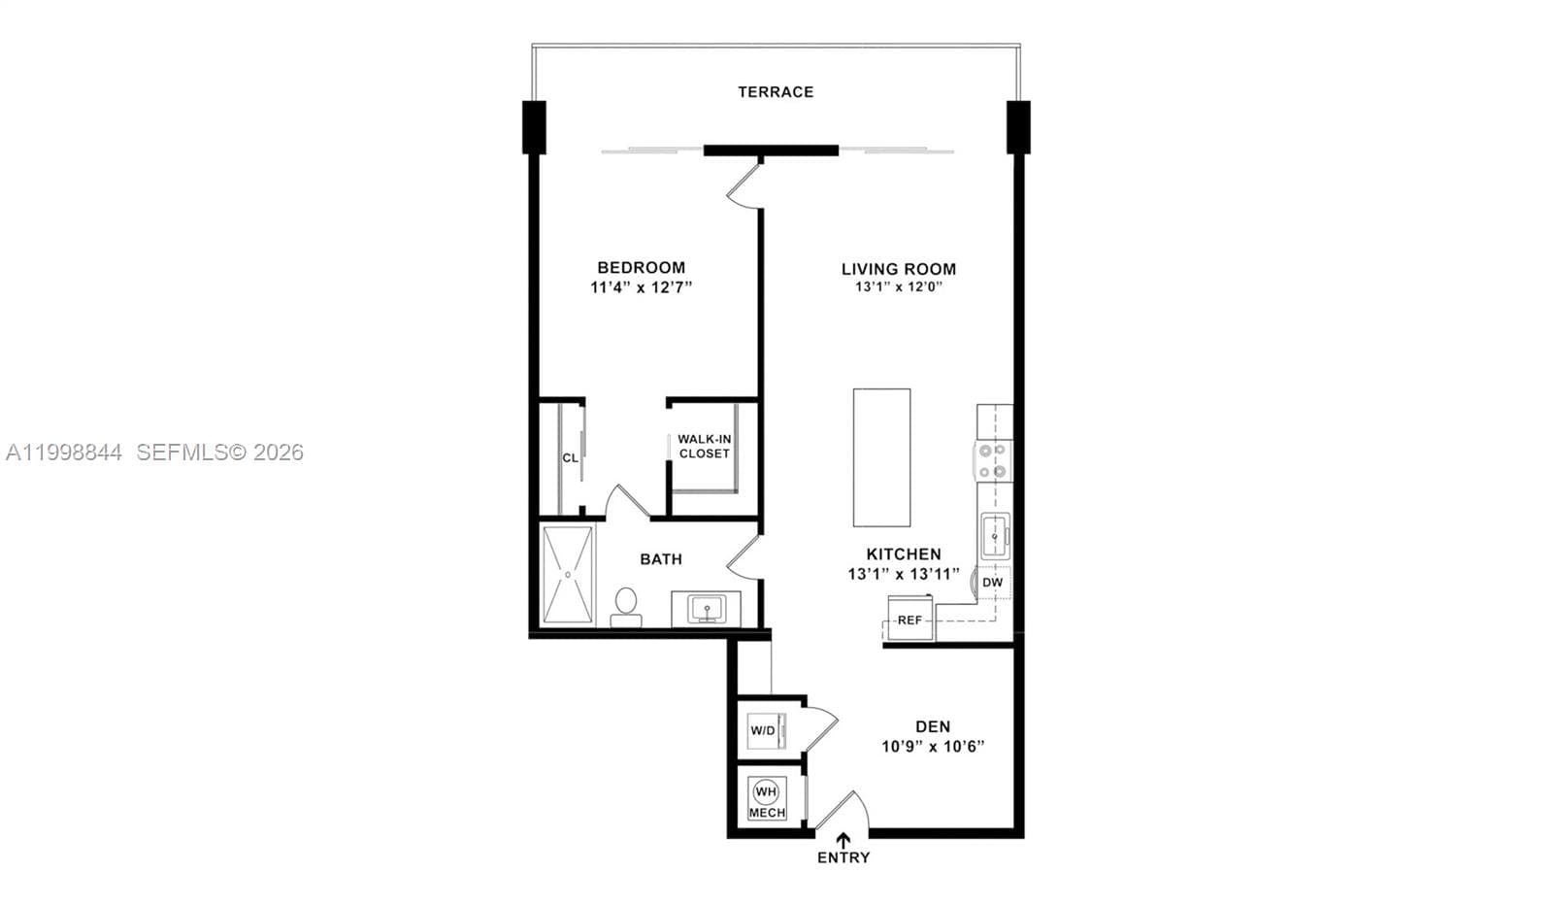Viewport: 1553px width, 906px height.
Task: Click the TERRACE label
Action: (x=776, y=92)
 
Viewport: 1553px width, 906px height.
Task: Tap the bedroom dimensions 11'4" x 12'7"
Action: (x=641, y=287)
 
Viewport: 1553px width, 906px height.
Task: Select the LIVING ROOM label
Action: (x=898, y=269)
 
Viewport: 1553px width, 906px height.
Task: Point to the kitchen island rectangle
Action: (x=881, y=457)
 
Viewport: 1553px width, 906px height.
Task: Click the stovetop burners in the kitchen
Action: (x=993, y=461)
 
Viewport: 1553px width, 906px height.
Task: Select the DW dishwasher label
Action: (x=992, y=583)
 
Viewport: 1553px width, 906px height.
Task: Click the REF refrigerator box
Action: (x=909, y=620)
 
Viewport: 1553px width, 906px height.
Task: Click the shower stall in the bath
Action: (x=567, y=575)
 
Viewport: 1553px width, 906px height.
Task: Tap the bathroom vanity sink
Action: (x=707, y=610)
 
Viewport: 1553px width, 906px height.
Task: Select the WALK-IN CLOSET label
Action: (x=705, y=447)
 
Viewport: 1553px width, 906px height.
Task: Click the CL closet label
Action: (x=570, y=457)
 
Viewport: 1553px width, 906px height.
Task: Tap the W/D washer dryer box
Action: (x=763, y=730)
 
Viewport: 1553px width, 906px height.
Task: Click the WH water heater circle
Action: (x=766, y=790)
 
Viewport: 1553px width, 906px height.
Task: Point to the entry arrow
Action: (x=843, y=840)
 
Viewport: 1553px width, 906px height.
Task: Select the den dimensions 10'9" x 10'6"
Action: (x=933, y=747)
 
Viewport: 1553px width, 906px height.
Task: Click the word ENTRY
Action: (x=843, y=857)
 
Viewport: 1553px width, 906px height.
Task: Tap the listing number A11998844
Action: (x=64, y=453)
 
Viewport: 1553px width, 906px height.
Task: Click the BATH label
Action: (x=661, y=559)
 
